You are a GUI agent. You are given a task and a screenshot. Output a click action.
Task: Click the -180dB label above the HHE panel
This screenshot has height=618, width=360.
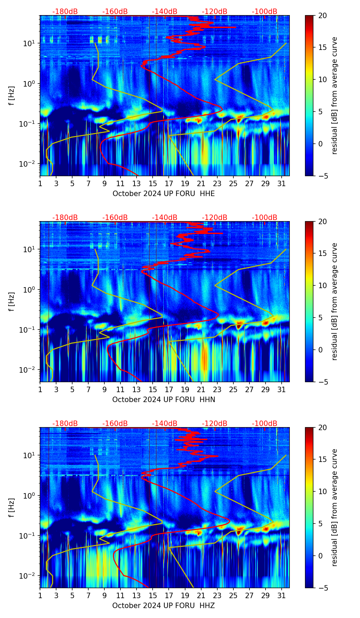pyautogui.click(x=65, y=12)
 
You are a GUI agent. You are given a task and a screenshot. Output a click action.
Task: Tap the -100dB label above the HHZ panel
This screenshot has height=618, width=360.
pyautogui.click(x=265, y=424)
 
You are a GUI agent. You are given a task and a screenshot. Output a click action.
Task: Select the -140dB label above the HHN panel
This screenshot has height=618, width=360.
pyautogui.click(x=165, y=218)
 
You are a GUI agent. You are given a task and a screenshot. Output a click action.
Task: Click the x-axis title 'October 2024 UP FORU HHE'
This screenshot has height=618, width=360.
pyautogui.click(x=164, y=194)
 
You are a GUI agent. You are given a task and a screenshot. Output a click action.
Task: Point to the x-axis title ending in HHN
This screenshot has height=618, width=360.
pyautogui.click(x=164, y=400)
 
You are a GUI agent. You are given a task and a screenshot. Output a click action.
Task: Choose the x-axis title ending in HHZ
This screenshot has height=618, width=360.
pyautogui.click(x=164, y=606)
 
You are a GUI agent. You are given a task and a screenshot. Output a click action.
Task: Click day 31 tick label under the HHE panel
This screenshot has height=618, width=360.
pyautogui.click(x=282, y=183)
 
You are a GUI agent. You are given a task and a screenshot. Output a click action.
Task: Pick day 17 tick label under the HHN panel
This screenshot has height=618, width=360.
pyautogui.click(x=169, y=389)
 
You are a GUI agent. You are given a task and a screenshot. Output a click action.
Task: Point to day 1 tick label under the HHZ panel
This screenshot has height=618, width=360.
pyautogui.click(x=40, y=595)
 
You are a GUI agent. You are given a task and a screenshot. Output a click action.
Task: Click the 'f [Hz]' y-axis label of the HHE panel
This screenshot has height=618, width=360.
pyautogui.click(x=12, y=96)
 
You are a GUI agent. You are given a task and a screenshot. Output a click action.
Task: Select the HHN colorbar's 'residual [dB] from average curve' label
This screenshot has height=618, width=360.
pyautogui.click(x=335, y=301)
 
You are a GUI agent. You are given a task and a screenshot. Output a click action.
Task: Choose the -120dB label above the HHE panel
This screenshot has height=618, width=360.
pyautogui.click(x=215, y=12)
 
